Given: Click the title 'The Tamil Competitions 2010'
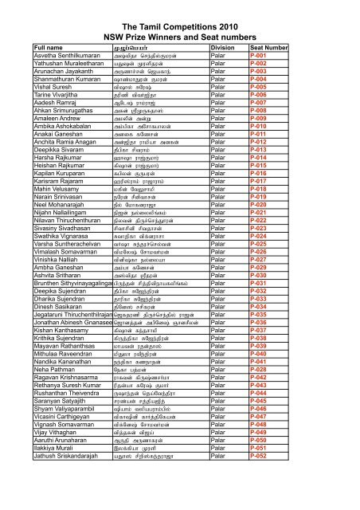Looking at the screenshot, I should (x=180, y=27).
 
